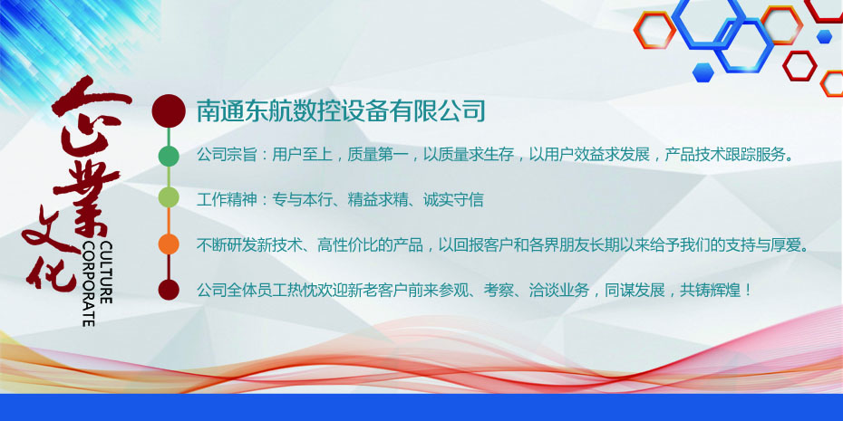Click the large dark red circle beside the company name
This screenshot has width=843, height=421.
coord(169,111)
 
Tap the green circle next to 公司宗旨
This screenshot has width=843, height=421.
coord(169,156)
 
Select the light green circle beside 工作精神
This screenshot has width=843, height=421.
coord(169,197)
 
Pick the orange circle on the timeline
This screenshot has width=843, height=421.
coord(169,244)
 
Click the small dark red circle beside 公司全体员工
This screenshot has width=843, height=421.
coord(169,290)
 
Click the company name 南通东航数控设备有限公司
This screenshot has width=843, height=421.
coord(342,111)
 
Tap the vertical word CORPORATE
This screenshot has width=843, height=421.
coord(89,283)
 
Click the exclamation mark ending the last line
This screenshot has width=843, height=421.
coord(748,291)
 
